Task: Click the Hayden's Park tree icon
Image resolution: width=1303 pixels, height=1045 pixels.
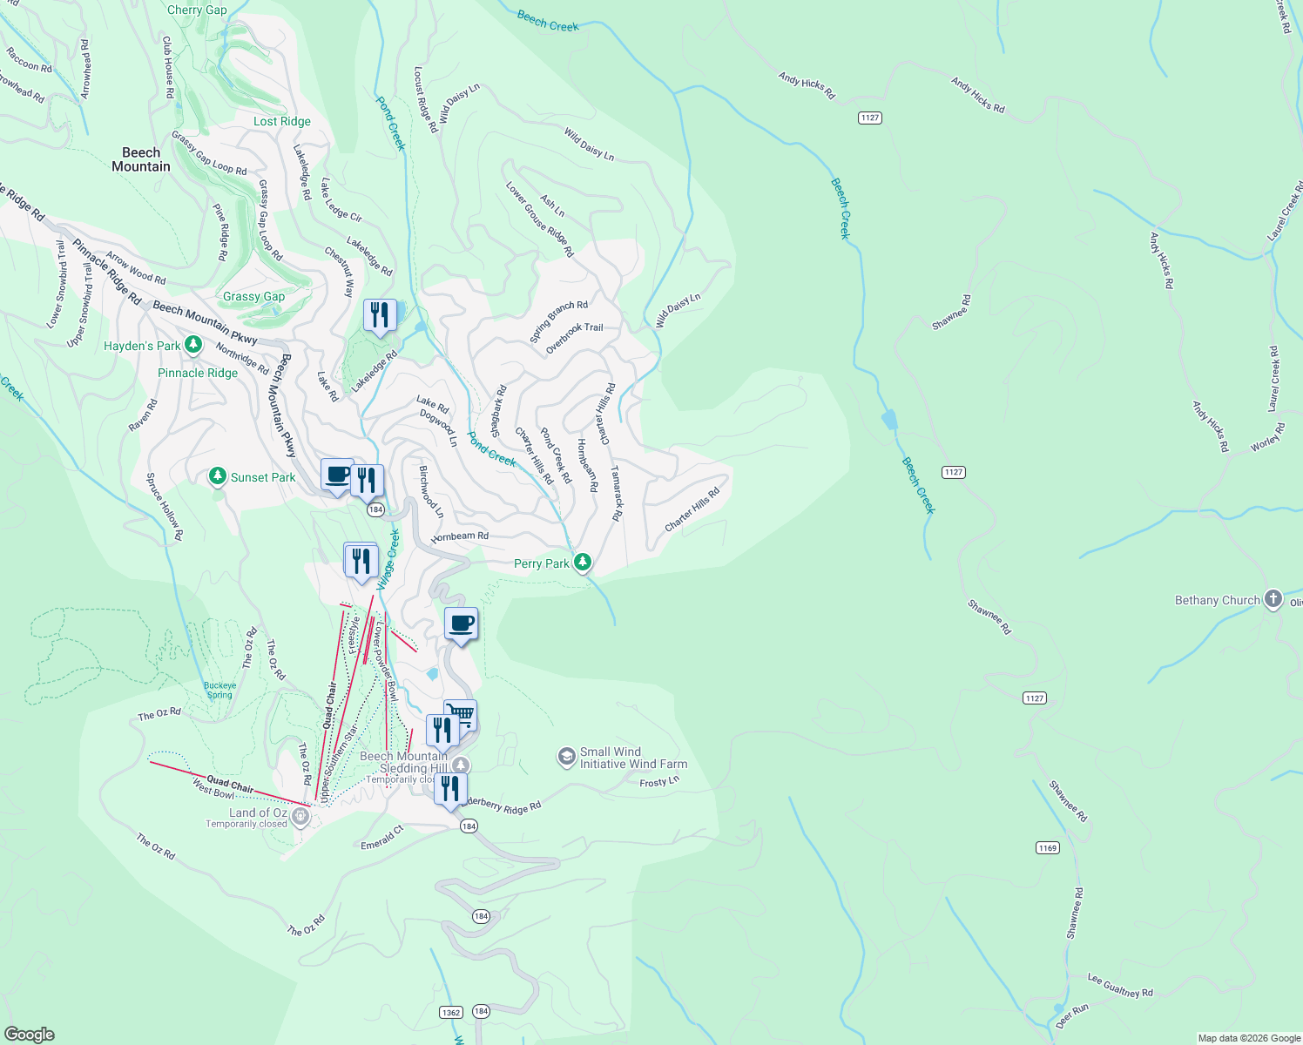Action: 193,346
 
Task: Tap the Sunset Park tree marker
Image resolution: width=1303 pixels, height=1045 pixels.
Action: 218,476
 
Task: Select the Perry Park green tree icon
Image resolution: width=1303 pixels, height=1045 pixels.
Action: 583,563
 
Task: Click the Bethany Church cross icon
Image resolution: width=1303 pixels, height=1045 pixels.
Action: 1273,599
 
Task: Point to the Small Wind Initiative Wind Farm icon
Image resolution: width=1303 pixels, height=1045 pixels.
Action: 567,757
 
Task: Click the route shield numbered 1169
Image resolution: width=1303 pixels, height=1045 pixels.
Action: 1047,847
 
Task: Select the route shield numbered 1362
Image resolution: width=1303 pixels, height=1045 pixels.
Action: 450,1012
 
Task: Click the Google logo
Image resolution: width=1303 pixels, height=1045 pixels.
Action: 30,1034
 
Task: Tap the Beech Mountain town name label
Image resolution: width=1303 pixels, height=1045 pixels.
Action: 141,159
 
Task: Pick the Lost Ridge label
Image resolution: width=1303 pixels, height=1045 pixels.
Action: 282,121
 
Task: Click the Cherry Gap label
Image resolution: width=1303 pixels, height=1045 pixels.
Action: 197,10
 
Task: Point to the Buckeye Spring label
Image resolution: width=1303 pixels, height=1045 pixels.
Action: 220,690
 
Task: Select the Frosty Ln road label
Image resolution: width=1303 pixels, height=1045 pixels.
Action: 659,782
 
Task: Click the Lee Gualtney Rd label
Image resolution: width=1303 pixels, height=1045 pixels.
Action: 1120,985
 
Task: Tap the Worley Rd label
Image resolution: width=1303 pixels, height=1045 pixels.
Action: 1268,437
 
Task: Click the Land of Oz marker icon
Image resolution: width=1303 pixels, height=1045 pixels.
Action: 300,816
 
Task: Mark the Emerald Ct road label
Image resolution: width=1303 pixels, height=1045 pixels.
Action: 382,838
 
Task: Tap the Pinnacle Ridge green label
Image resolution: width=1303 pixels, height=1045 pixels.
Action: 198,373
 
